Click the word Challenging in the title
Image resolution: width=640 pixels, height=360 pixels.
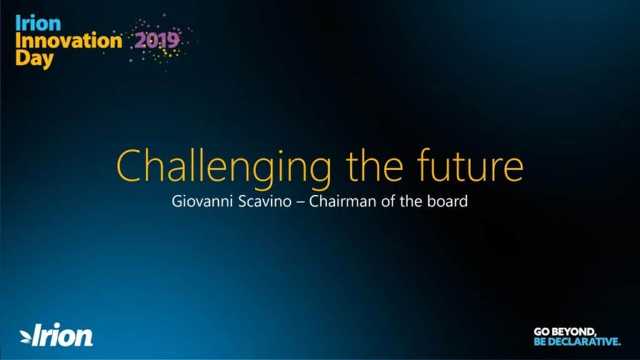click(x=224, y=167)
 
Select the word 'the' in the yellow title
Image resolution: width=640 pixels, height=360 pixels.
click(x=375, y=165)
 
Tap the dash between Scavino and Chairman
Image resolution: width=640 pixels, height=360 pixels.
click(x=300, y=202)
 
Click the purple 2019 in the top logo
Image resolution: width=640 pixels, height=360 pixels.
click(x=157, y=41)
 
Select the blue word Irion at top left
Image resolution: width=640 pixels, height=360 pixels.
click(x=38, y=23)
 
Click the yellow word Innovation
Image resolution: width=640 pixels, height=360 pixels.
click(x=69, y=41)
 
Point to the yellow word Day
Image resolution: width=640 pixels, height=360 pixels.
click(x=34, y=59)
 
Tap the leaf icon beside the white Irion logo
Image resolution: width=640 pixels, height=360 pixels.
click(x=26, y=337)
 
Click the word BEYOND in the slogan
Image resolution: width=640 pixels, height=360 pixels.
click(x=573, y=332)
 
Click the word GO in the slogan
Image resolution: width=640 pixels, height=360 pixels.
click(x=541, y=332)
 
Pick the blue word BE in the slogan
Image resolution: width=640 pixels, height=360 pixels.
click(x=540, y=341)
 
